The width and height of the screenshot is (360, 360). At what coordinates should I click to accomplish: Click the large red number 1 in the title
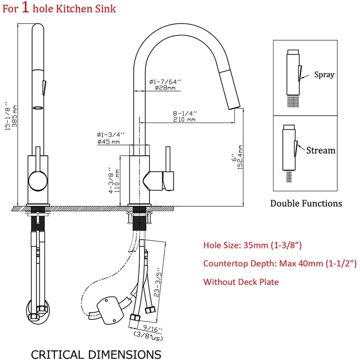(x=26, y=7)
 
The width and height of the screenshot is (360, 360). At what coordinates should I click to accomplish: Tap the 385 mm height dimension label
(x=14, y=116)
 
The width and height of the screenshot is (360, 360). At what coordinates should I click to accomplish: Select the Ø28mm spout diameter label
(x=165, y=88)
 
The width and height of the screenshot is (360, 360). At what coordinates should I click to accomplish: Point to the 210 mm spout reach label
(x=184, y=119)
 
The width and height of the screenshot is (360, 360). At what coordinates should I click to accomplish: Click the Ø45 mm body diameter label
(x=109, y=141)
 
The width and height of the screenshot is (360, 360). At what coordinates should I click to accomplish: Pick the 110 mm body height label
(x=117, y=181)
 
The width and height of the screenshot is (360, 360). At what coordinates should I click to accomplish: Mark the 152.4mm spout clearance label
(x=240, y=157)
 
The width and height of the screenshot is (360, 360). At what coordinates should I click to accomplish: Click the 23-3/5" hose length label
(x=158, y=282)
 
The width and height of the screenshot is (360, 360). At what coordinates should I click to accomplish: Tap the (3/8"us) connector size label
(x=148, y=336)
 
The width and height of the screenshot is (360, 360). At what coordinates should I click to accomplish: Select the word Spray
(x=324, y=75)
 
